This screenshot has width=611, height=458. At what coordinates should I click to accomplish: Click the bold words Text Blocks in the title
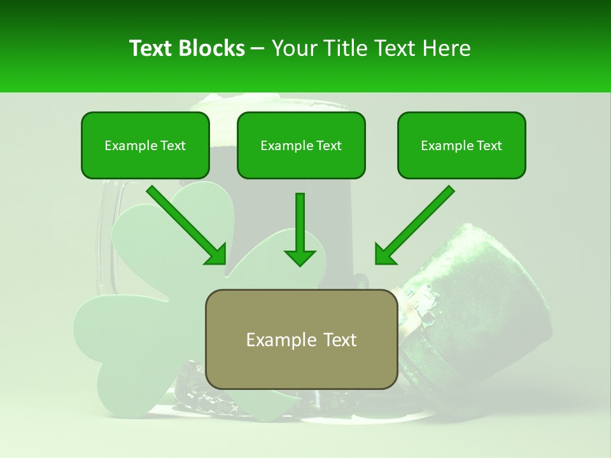pyautogui.click(x=186, y=48)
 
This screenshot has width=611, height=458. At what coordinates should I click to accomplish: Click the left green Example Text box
pyautogui.click(x=145, y=145)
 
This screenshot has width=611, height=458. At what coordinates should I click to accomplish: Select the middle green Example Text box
pyautogui.click(x=301, y=145)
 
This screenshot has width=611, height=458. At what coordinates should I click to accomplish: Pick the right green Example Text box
pyautogui.click(x=461, y=145)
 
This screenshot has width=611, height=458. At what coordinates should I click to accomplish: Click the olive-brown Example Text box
pyautogui.click(x=301, y=339)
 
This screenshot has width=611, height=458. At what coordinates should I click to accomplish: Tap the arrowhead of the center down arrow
pyautogui.click(x=300, y=256)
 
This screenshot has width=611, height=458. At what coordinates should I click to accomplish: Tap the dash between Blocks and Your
pyautogui.click(x=258, y=48)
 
